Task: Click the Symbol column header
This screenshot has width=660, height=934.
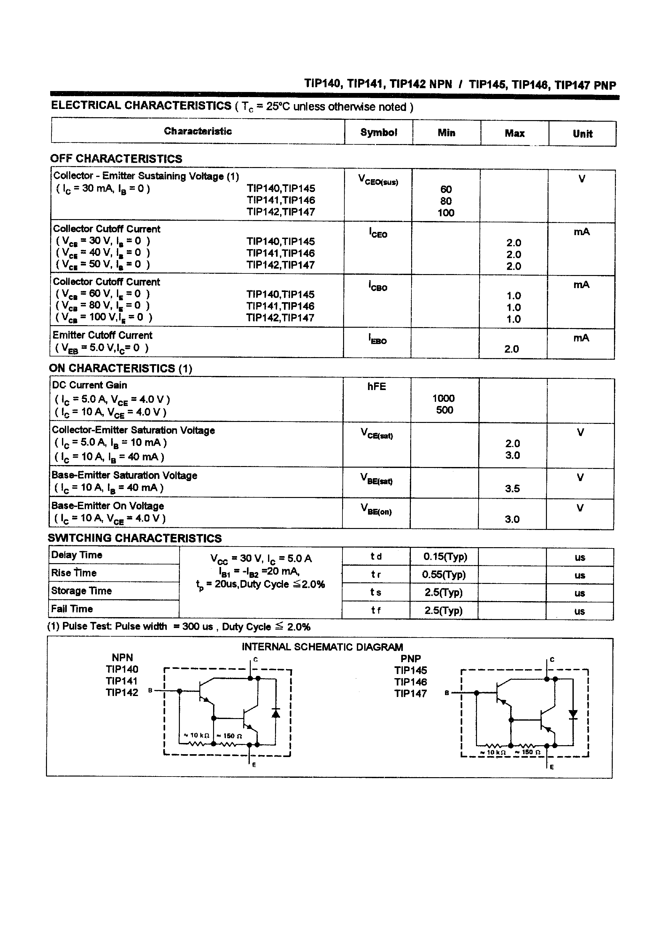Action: (x=379, y=132)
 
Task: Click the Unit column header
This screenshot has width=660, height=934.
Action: (x=582, y=134)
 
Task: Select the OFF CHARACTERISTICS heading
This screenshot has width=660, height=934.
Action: (x=116, y=159)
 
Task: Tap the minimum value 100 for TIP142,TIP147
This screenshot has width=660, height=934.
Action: (x=446, y=212)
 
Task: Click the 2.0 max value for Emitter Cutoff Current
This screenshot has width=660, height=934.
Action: (x=511, y=349)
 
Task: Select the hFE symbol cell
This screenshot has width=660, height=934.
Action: (x=376, y=387)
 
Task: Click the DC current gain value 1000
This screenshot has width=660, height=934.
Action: (x=443, y=398)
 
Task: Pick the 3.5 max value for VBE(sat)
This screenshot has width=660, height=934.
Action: (x=512, y=488)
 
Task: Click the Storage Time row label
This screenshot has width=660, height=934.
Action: (x=81, y=591)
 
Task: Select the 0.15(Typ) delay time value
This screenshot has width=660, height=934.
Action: (x=445, y=556)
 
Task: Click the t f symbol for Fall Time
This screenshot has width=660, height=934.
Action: (x=376, y=610)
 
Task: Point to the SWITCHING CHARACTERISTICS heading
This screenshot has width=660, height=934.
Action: (x=135, y=538)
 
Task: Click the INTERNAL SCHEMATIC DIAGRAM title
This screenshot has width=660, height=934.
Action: (x=322, y=647)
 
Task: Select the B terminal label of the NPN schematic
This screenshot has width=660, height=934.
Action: (x=150, y=691)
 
